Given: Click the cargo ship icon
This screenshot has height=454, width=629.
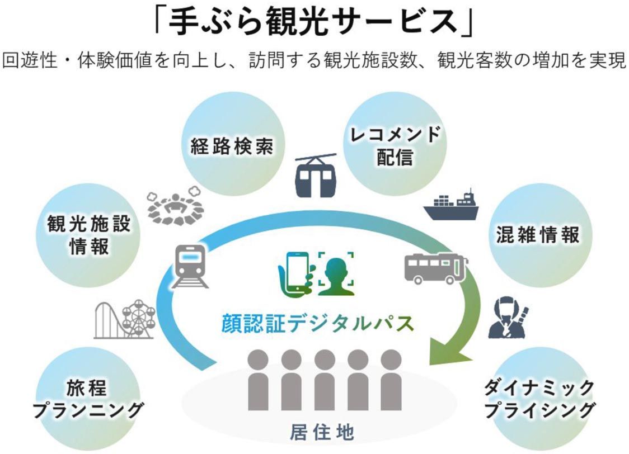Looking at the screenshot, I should pos(450,206).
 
